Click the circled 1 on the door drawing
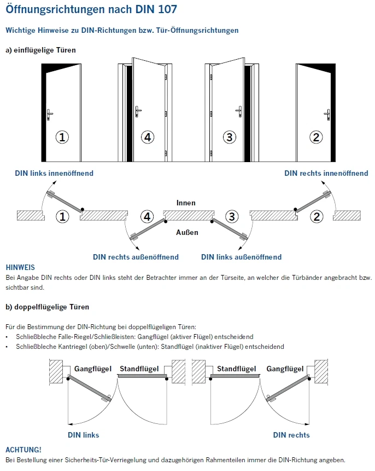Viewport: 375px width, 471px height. click(x=63, y=137)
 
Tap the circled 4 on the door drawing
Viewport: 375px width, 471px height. click(x=147, y=137)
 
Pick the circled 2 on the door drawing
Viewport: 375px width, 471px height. click(x=316, y=137)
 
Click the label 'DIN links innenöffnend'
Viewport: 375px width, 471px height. click(x=54, y=174)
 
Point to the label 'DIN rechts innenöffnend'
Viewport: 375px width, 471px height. click(x=326, y=174)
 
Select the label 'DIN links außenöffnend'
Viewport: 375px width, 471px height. click(x=241, y=257)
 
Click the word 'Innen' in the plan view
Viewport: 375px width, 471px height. click(x=186, y=203)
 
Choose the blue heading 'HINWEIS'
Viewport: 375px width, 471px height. click(x=20, y=267)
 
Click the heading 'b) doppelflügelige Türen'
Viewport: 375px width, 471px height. click(x=47, y=307)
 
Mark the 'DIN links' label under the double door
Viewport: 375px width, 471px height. click(x=83, y=435)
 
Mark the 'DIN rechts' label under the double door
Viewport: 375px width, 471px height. click(x=291, y=435)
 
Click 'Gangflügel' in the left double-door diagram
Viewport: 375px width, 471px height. click(x=93, y=369)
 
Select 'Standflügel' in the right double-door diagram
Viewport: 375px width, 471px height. click(x=236, y=369)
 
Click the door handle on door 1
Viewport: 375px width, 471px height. click(x=50, y=113)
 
